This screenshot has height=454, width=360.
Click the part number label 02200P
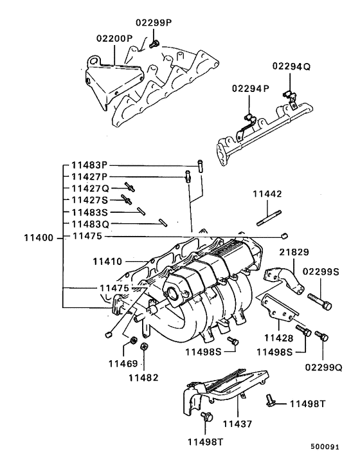[114, 39]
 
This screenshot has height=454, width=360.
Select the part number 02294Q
[291, 66]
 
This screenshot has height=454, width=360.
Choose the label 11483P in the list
[90, 165]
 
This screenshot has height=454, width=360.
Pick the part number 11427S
[90, 200]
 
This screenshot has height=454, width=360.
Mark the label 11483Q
[90, 223]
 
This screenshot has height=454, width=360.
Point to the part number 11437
[238, 424]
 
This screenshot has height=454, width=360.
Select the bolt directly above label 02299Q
[323, 336]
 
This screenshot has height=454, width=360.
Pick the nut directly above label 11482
[145, 347]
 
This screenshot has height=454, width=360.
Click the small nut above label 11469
[132, 339]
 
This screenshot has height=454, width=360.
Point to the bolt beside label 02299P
[154, 44]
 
